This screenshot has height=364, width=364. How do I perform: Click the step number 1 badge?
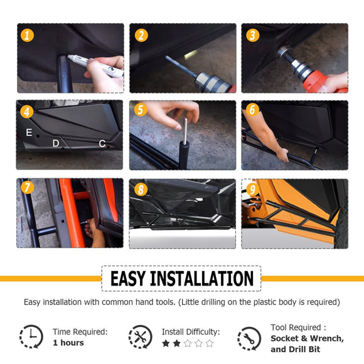click(27, 36)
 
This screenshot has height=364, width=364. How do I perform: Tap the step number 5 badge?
click(141, 110)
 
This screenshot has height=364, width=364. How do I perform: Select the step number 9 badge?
click(252, 190)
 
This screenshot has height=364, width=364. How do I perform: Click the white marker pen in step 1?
click(95, 66)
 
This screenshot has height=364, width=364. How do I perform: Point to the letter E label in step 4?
click(29, 132)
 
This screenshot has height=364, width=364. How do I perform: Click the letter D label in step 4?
click(56, 143)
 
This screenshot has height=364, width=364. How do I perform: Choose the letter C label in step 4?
click(102, 144)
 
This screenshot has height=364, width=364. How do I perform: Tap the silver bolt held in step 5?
click(185, 131)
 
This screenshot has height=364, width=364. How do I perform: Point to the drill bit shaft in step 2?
click(181, 67)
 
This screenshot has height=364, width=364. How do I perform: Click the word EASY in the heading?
click(128, 279)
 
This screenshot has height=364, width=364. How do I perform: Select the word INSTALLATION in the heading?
click(201, 279)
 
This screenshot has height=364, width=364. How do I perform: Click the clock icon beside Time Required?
click(31, 336)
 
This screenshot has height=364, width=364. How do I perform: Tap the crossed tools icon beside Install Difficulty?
click(141, 336)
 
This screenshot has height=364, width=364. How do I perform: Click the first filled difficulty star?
click(166, 343)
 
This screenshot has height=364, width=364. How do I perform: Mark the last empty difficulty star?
click(210, 343)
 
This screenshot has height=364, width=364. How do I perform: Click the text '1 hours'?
click(68, 343)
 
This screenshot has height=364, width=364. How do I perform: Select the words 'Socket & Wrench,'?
click(307, 338)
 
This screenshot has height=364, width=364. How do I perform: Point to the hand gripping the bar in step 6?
click(283, 154)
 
